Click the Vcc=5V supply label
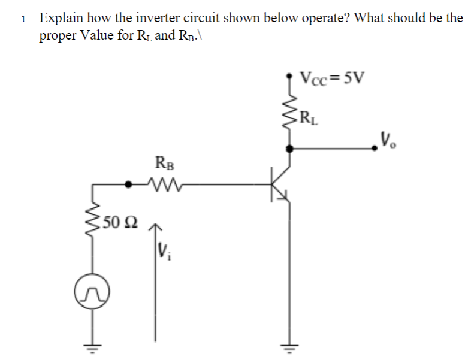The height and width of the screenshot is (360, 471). [334, 78]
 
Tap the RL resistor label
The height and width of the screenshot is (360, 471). [310, 117]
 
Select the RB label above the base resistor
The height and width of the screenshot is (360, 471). [163, 162]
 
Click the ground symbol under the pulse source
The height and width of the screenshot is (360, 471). [93, 347]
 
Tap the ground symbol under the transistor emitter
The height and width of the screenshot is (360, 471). [290, 347]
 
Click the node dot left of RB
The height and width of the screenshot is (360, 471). [127, 185]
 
